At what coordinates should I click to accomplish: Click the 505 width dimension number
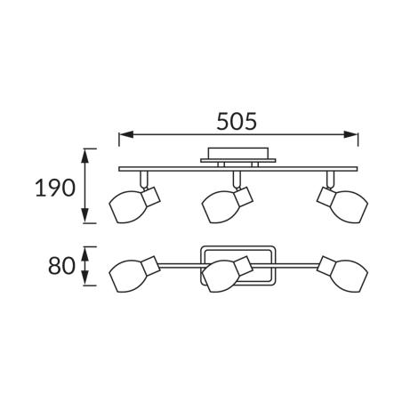[x=237, y=122]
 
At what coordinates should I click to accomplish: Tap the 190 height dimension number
[x=55, y=188]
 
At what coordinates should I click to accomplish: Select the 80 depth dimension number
[x=61, y=266]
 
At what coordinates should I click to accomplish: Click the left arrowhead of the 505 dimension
[x=125, y=135]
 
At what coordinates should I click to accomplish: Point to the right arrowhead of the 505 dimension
[x=351, y=135]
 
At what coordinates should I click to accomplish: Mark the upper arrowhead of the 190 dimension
[x=85, y=156]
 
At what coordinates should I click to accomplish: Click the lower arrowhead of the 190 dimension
[x=85, y=215]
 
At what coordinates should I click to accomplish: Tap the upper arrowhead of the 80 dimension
[x=85, y=253]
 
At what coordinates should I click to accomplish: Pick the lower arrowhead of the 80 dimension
[x=85, y=278]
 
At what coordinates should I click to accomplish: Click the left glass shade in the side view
[x=128, y=207]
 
